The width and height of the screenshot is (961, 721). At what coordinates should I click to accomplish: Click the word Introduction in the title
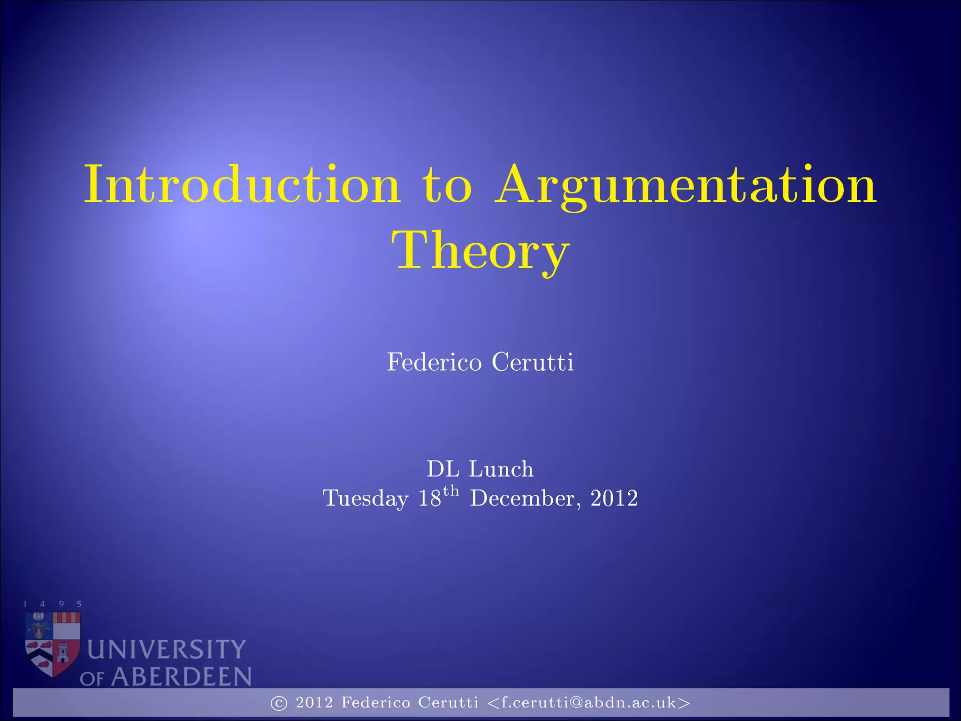pos(242,184)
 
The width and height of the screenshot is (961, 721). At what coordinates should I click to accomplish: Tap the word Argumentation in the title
pos(686,186)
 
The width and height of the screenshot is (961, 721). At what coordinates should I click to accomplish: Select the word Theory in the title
pos(480,251)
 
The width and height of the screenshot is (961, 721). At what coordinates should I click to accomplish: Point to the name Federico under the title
pos(434,362)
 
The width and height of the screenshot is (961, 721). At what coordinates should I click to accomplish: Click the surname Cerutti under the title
pos(533,362)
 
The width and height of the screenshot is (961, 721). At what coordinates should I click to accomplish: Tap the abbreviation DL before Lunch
pos(442,469)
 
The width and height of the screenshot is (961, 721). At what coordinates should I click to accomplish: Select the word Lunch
pos(501,469)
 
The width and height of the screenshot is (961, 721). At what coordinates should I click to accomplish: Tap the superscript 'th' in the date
pos(451,491)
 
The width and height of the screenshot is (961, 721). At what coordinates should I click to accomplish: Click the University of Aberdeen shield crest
pos(53,643)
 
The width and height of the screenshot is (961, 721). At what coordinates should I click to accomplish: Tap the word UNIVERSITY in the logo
pos(167,650)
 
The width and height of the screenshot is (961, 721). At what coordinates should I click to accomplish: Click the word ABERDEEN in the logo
pos(181,677)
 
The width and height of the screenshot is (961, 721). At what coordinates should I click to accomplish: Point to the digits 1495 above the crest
pos(53,604)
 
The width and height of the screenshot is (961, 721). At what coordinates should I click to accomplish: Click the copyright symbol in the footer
pos(279,703)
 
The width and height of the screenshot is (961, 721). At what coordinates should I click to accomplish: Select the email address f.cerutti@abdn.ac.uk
pos(589,703)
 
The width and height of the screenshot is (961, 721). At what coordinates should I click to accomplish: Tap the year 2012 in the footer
pos(314,703)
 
